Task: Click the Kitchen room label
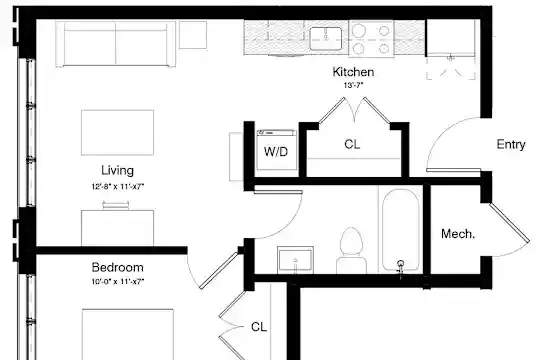[x=353, y=72]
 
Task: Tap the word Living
[x=117, y=171]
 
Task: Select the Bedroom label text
[x=117, y=267]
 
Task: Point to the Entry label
[x=511, y=144]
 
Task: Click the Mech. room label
[x=458, y=234]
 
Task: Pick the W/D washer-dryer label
[x=276, y=152]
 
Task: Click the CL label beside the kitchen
[x=352, y=144]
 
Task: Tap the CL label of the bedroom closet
[x=259, y=327]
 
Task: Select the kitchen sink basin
[x=325, y=38]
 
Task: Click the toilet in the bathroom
[x=351, y=251]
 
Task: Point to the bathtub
[x=401, y=230]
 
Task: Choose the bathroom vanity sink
[x=295, y=260]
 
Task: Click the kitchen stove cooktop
[x=371, y=38]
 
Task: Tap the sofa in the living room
[x=116, y=44]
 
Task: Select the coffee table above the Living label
[x=117, y=133]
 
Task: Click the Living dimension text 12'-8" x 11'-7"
[x=117, y=187]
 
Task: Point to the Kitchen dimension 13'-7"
[x=353, y=85]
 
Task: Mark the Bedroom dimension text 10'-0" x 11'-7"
[x=117, y=281]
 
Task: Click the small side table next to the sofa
[x=193, y=35]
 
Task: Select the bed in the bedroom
[x=128, y=335]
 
